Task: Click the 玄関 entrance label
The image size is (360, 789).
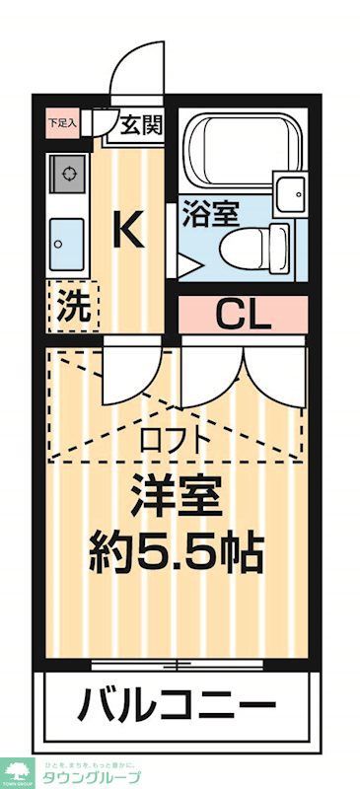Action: pos(142,125)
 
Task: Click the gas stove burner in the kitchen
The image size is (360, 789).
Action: pos(68,174)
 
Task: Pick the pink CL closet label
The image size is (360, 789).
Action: pos(243,316)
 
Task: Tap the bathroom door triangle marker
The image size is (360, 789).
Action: pos(184,263)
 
